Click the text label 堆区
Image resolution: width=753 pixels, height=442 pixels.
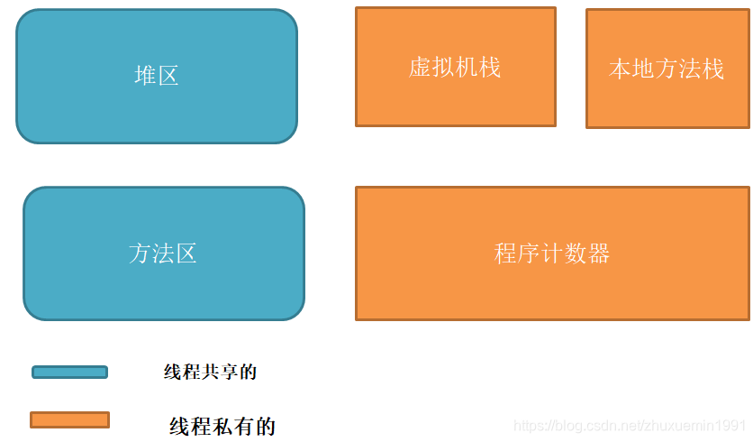[157, 76]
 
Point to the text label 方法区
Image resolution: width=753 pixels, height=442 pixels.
[163, 253]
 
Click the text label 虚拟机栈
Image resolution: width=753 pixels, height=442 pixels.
[455, 68]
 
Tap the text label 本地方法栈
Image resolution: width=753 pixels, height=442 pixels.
[667, 69]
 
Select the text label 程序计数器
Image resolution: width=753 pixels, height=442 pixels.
[551, 253]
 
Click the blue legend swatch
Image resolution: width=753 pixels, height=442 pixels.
[69, 372]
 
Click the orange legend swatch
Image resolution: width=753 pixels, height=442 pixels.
[69, 419]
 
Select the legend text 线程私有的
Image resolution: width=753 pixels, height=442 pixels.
[222, 426]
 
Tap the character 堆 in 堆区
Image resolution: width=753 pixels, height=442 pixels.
[145, 76]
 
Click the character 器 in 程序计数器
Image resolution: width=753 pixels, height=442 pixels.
[599, 253]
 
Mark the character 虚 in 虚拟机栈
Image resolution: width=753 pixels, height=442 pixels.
[420, 68]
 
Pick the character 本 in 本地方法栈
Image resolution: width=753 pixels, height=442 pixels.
[621, 69]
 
